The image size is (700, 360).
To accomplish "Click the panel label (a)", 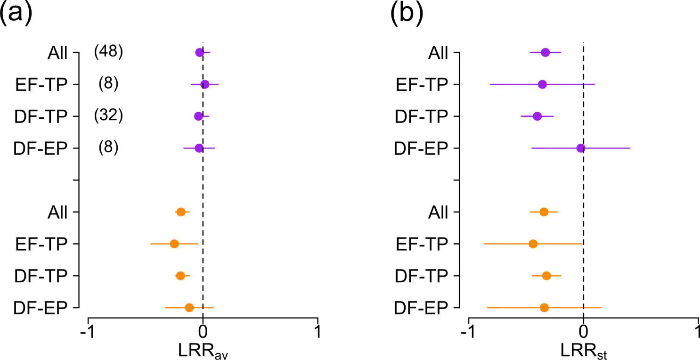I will pos(16,16).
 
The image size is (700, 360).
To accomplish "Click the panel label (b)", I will pos(406,16).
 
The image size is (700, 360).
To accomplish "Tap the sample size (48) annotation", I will pos(108,52).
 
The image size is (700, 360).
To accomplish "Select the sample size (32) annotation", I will pos(108,116).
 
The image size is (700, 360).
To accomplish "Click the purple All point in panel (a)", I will pos(199,52).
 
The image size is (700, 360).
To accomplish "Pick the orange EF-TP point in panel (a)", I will pos(174,244).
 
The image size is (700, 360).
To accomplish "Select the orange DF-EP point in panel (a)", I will pos(189,308).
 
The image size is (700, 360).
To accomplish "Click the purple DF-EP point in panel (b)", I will pos(580,148).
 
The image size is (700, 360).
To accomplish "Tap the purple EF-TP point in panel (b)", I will pos(542,84).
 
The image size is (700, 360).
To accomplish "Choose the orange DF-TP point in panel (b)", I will pos(546,276).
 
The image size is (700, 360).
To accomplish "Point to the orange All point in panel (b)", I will pos(544,212).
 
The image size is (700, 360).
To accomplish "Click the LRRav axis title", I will pos(203,351).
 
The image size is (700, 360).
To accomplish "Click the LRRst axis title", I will pos(583,351).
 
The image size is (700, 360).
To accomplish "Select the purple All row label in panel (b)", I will pos(438,53).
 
